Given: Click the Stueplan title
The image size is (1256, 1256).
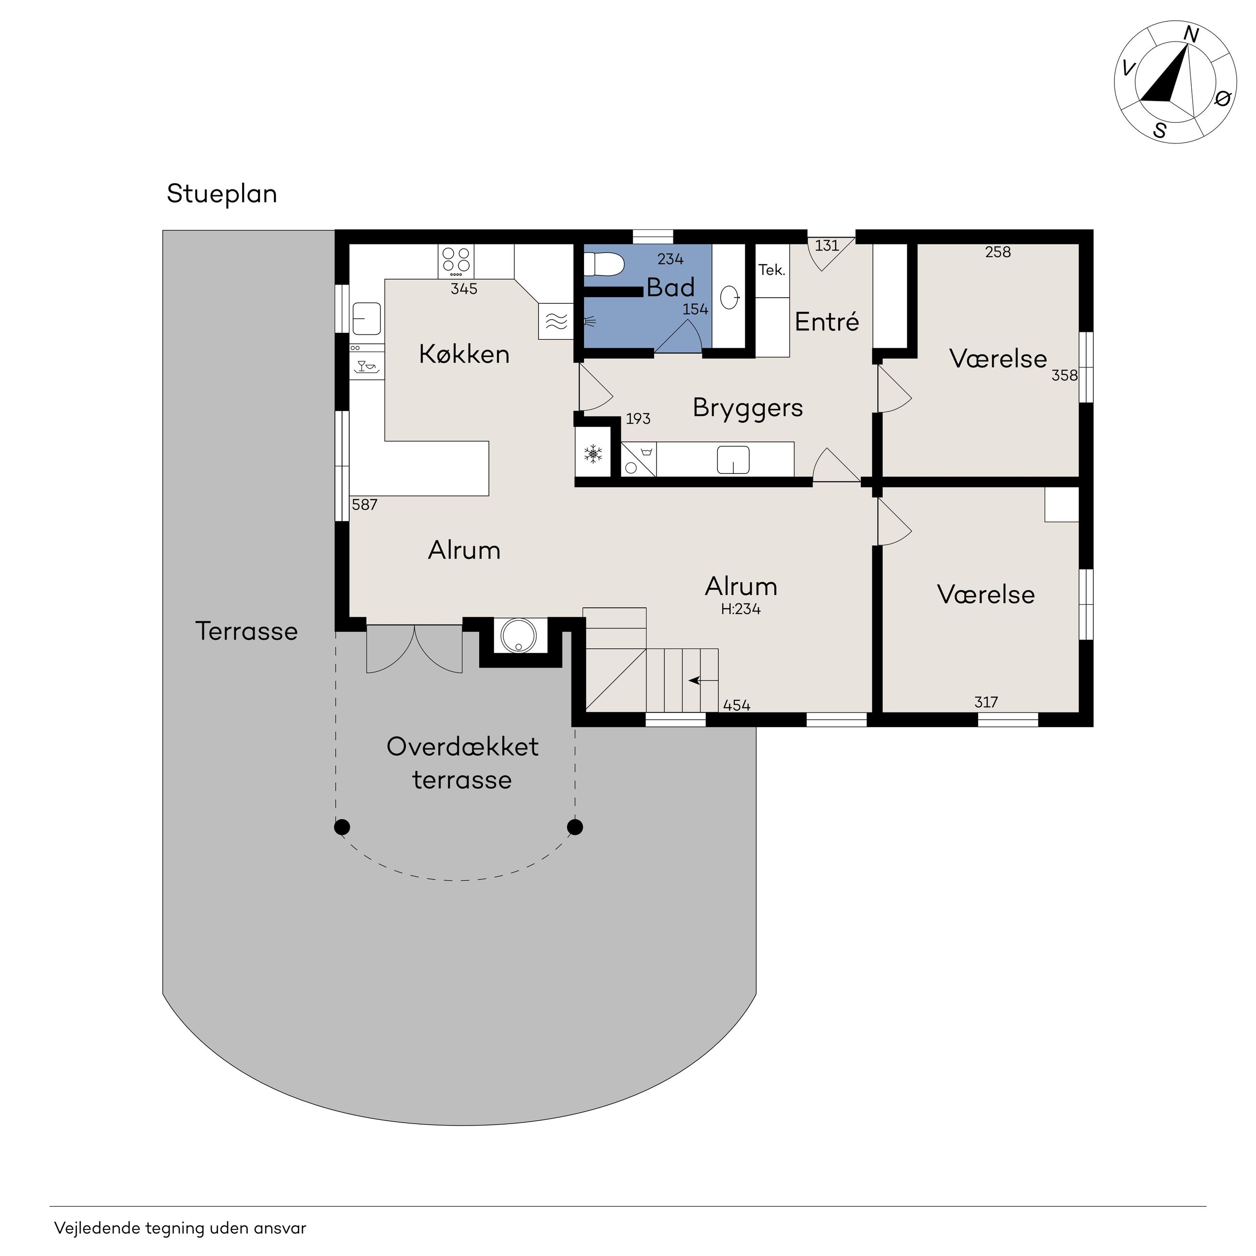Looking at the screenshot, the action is click(222, 194).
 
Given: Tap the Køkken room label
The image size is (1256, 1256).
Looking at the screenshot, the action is click(464, 354).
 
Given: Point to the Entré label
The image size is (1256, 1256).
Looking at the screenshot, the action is click(827, 321).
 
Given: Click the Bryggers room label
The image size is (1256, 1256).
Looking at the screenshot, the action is click(748, 408).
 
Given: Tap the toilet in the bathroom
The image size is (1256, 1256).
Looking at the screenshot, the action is click(603, 265).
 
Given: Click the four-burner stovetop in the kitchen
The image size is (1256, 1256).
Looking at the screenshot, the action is click(457, 261).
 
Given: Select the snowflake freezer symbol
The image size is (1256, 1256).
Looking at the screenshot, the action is click(593, 454).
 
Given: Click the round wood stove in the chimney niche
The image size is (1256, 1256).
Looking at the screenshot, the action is click(519, 634).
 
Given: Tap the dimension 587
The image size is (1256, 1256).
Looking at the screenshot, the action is click(364, 504).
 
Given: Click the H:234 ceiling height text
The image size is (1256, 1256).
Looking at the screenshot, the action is click(741, 609).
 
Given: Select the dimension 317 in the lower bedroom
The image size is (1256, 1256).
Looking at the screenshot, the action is click(986, 702).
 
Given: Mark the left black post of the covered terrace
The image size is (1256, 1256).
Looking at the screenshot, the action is click(342, 827).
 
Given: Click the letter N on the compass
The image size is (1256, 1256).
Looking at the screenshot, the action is click(1191, 34).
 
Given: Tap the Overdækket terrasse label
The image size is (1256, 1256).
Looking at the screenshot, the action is click(462, 763).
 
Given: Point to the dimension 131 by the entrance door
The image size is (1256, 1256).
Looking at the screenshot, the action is click(827, 246).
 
